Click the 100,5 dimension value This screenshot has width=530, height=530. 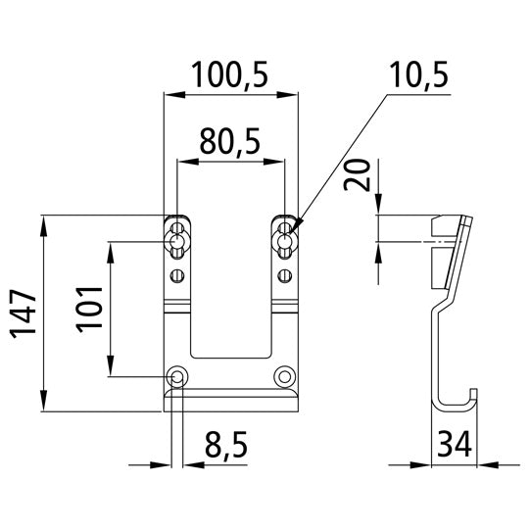click(231, 75)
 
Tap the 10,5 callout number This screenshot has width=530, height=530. click(417, 75)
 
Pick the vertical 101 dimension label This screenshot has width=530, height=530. click(89, 313)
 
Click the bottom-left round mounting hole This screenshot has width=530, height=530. click(177, 375)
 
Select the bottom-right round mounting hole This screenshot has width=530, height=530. click(285, 375)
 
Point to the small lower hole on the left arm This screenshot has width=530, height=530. click(177, 273)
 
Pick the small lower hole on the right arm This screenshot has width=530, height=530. click(285, 273)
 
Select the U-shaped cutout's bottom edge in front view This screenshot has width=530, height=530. click(231, 356)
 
